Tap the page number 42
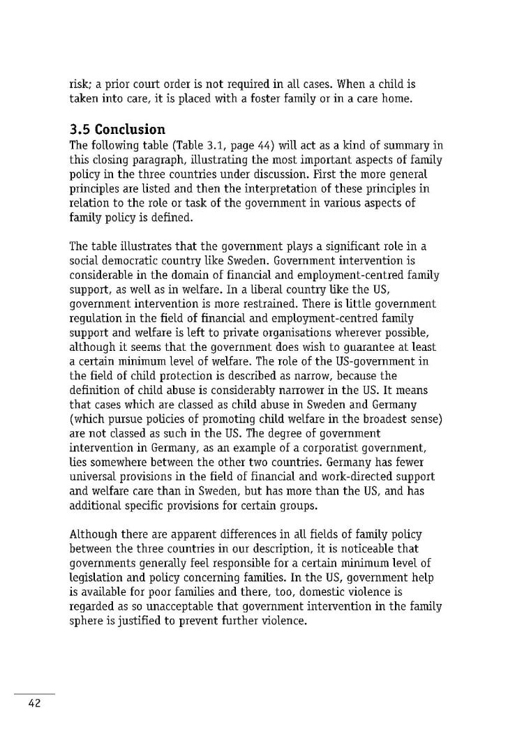click(35, 703)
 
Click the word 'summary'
click(407, 146)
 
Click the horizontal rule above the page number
click(35, 694)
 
